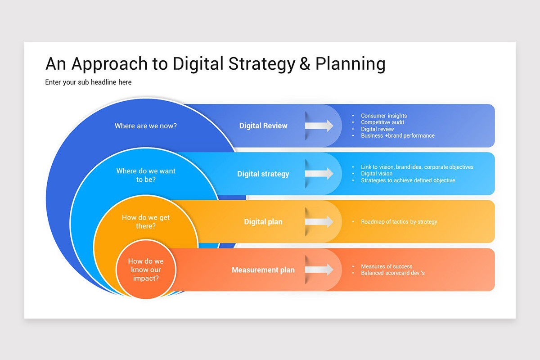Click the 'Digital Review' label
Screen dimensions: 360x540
pos(263,126)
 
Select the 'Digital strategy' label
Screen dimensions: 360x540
pos(263,174)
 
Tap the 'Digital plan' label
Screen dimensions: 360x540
pos(263,222)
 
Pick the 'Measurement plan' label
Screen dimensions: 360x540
pos(263,270)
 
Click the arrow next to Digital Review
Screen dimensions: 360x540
pos(319,126)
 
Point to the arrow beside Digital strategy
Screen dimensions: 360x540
pos(319,174)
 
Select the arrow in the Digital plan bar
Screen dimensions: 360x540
pos(319,221)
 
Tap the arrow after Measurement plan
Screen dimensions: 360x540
pos(319,270)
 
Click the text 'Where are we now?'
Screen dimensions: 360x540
pos(146,126)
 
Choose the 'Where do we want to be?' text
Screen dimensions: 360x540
pos(146,175)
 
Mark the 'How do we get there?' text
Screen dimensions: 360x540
pos(146,221)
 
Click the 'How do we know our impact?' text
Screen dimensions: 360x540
pos(146,270)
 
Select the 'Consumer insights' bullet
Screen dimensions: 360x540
pos(384,116)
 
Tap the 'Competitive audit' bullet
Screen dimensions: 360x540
pos(382,122)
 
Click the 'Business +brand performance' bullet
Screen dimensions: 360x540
pos(398,135)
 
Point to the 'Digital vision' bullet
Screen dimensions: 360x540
pos(377,174)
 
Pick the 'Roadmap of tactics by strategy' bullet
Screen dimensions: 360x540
pos(399,222)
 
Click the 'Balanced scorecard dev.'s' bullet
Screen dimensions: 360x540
pos(393,273)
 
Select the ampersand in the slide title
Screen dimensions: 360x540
pos(305,64)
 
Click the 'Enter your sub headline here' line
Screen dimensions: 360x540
pos(88,82)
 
